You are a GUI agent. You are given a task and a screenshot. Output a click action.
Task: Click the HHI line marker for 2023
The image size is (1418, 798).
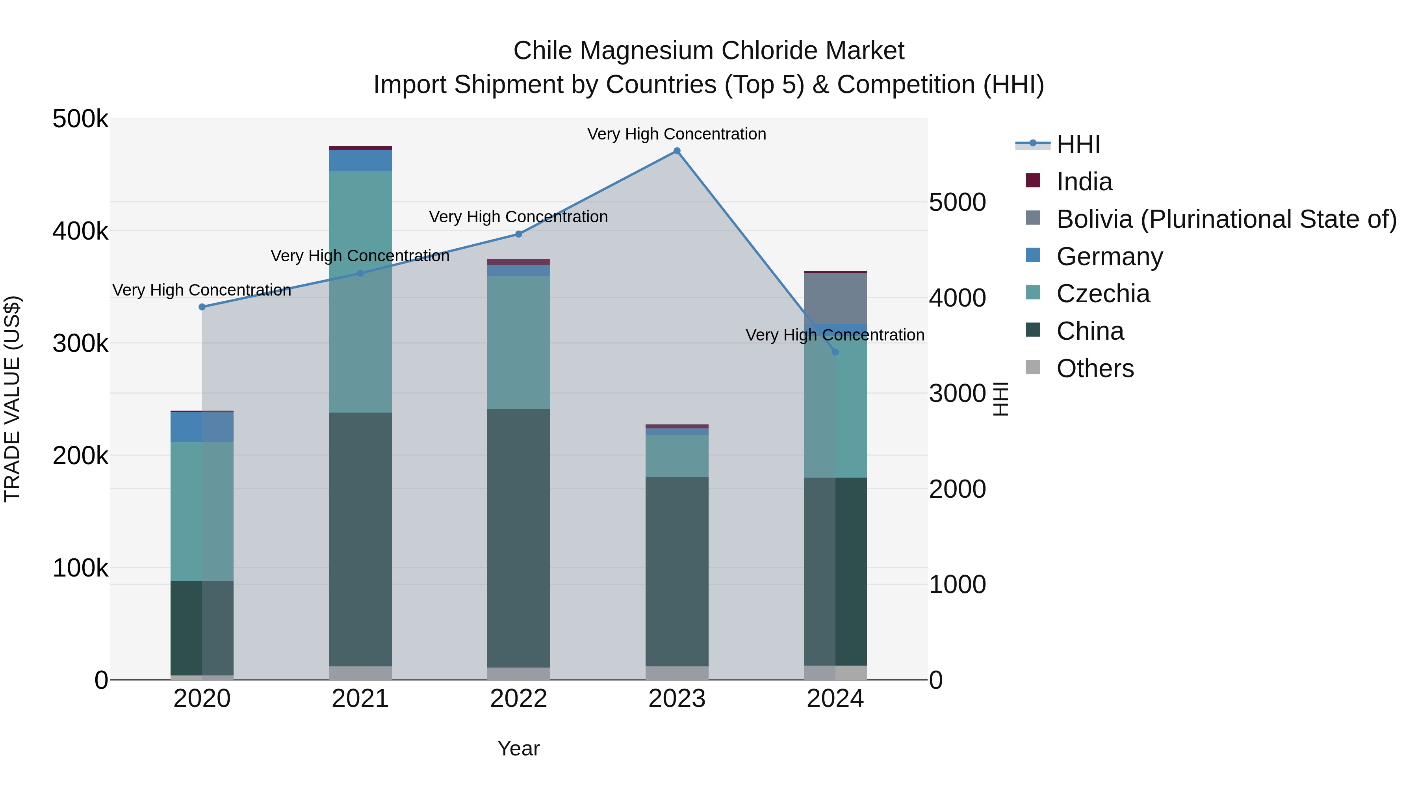coord(677,151)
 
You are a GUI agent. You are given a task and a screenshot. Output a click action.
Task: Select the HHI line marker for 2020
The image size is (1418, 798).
coord(202,307)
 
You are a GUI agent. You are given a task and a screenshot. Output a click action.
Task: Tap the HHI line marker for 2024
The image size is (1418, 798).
coord(835,352)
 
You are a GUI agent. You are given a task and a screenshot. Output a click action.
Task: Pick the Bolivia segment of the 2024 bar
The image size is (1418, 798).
coord(835,298)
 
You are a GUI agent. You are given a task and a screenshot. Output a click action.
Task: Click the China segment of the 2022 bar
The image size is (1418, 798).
coord(518,538)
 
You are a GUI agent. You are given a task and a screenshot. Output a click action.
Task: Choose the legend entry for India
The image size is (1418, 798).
coord(1084,182)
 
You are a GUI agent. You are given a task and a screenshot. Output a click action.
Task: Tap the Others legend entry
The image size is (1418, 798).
coord(1095,368)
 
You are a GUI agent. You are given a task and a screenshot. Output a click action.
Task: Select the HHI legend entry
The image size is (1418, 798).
coord(1078,144)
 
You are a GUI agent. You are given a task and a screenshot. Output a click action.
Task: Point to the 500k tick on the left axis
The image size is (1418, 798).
coord(80,119)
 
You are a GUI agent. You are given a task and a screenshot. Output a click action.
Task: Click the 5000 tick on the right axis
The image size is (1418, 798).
coord(957,202)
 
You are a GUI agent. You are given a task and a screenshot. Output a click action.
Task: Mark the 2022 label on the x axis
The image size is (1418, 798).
coord(518,699)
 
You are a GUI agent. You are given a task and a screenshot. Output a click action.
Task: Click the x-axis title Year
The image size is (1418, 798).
coord(518,748)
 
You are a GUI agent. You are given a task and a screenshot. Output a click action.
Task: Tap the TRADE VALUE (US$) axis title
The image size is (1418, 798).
coord(12,399)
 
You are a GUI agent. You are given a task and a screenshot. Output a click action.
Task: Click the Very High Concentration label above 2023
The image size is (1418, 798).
coord(677,134)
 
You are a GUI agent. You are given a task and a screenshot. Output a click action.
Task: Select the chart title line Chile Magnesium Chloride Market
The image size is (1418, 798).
coord(709,51)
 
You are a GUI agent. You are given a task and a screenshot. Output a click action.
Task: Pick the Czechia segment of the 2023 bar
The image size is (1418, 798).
coord(677,456)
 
